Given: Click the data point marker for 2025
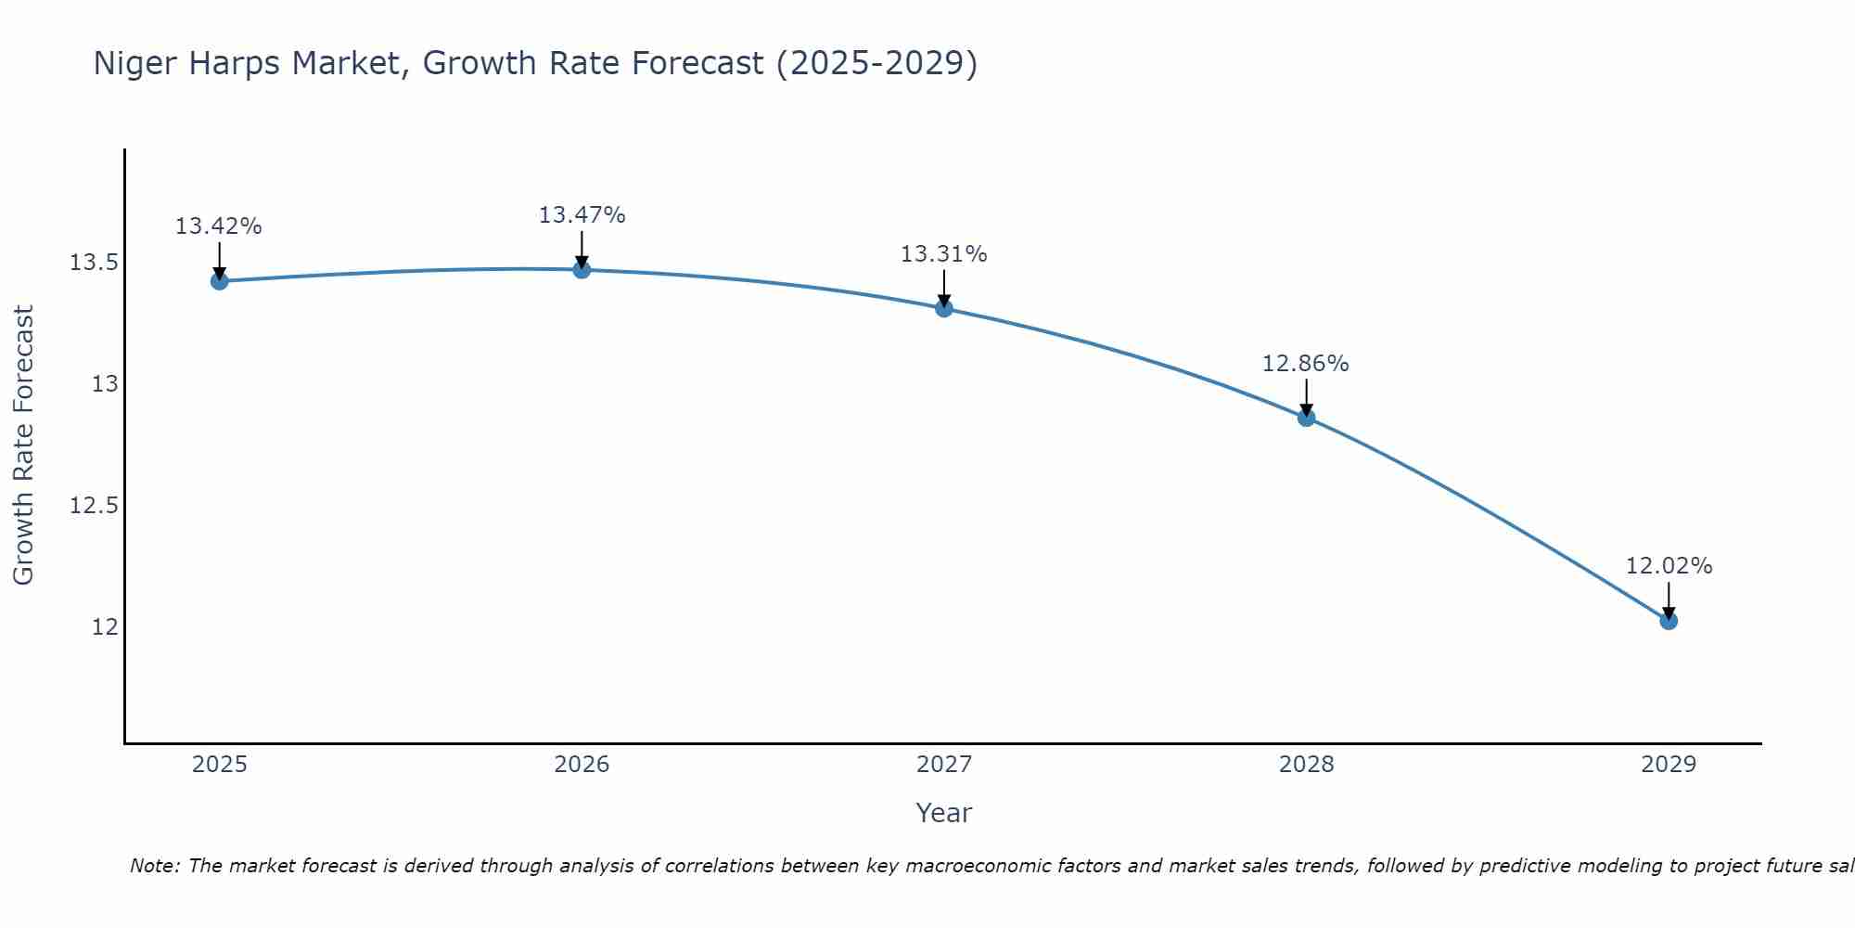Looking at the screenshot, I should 219,281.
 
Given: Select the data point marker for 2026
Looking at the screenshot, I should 582,270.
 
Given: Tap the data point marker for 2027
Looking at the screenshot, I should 944,308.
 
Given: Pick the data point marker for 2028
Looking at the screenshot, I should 1306,418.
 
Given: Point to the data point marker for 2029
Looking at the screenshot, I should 1669,621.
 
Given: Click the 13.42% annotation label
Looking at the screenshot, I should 219,226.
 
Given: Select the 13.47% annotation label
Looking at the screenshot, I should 582,215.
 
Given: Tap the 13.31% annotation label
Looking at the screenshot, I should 944,254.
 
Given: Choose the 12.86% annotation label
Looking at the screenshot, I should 1306,364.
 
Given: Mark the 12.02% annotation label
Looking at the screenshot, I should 1669,566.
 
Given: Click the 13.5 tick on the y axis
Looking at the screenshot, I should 94,263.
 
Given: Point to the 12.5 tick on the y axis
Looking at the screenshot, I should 94,506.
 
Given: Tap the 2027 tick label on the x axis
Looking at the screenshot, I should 944,765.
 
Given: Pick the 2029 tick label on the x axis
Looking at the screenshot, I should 1669,765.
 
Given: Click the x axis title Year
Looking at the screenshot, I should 944,813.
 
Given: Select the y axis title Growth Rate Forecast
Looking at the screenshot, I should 23,445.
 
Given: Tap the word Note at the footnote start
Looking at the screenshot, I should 151,866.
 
